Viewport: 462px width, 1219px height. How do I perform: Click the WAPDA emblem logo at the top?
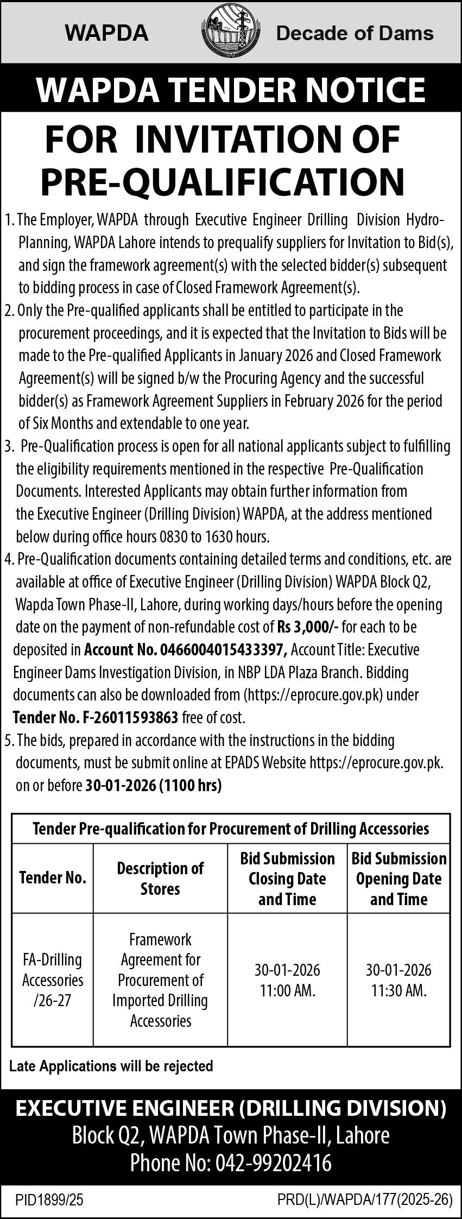click(231, 33)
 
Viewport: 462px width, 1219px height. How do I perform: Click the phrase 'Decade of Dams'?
click(355, 34)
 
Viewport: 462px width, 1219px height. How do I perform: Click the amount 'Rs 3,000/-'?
click(308, 627)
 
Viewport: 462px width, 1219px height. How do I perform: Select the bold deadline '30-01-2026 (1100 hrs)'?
click(154, 786)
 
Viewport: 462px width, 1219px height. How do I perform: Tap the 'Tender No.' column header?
click(53, 878)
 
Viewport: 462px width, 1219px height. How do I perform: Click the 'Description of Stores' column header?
click(160, 878)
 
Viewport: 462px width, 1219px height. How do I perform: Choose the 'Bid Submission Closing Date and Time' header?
click(287, 879)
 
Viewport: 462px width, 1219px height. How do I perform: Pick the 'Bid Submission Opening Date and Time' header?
click(398, 879)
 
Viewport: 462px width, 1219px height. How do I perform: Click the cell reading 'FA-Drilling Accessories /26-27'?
click(53, 980)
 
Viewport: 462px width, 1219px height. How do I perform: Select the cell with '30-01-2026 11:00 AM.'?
click(287, 980)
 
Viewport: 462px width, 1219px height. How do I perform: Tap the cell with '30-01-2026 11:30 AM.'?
click(398, 980)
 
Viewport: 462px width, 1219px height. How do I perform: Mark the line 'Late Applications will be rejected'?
click(111, 1066)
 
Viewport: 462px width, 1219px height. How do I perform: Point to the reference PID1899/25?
click(49, 1199)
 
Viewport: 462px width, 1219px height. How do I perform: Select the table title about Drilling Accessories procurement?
click(231, 829)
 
